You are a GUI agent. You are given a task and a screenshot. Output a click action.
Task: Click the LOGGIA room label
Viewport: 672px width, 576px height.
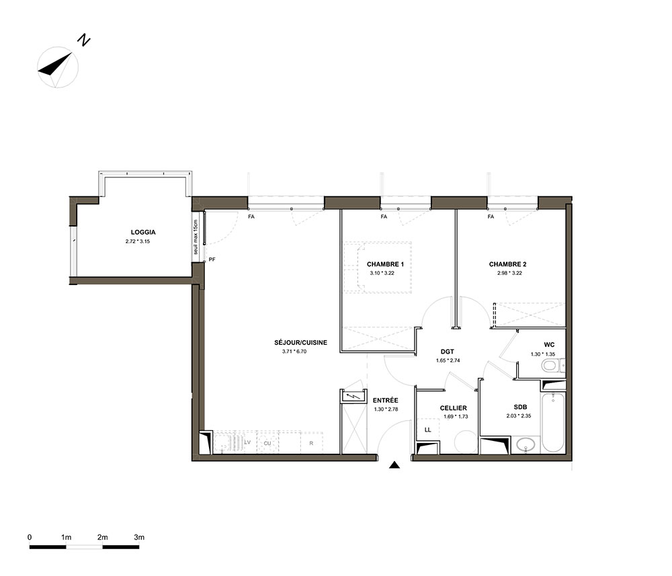(x=143, y=233)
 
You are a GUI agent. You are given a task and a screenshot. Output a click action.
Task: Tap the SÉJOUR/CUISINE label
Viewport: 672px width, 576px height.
(x=300, y=342)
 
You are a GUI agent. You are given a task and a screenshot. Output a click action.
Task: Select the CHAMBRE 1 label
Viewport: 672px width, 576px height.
(x=385, y=264)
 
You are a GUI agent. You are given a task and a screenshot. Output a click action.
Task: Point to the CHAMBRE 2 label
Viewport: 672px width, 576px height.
(x=507, y=264)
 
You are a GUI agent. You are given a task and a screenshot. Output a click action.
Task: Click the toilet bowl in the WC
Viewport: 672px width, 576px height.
(x=551, y=366)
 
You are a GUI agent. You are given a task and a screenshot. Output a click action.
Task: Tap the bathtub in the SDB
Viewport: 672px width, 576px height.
(x=553, y=421)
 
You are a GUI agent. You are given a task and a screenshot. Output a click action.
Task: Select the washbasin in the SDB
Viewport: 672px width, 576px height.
(x=526, y=445)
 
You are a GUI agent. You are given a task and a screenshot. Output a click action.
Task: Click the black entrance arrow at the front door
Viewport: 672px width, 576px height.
(x=394, y=465)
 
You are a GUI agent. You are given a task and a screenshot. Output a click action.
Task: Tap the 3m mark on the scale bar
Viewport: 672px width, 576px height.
(x=139, y=537)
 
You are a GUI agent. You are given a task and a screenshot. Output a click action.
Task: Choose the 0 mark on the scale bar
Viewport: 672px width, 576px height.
(x=30, y=537)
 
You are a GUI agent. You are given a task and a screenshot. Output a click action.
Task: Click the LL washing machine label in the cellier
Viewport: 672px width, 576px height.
(x=427, y=430)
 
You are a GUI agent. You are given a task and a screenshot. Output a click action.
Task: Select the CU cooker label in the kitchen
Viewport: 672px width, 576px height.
(x=267, y=443)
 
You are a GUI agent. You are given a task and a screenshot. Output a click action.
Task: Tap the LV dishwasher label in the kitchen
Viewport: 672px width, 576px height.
(x=247, y=442)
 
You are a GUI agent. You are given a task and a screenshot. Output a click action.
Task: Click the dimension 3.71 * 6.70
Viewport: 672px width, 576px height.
(x=294, y=352)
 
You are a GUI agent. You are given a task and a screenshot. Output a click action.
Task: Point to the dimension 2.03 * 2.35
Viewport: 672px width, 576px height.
(x=519, y=416)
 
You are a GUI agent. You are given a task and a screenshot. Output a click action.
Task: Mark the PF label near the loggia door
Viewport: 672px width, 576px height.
(x=212, y=259)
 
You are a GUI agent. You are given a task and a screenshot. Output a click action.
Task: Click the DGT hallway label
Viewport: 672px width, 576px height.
(x=447, y=352)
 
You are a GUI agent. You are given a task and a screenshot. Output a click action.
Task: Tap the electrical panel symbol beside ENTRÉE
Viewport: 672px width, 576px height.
(x=353, y=397)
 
